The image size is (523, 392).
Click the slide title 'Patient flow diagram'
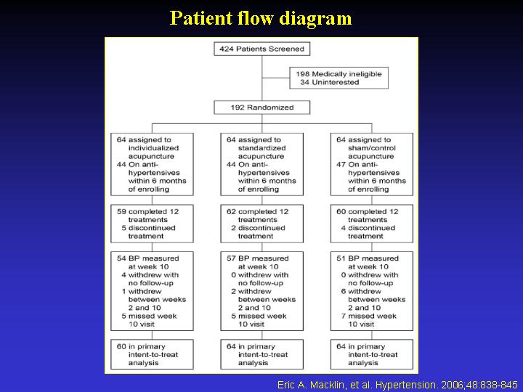point(261,18)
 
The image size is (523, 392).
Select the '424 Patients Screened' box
point(261,49)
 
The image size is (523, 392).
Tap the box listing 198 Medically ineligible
point(338,78)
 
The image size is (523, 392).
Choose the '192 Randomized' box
point(261,107)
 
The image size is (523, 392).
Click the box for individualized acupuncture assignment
point(152,164)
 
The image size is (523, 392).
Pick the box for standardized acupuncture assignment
point(261,164)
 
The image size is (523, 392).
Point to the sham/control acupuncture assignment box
point(371,164)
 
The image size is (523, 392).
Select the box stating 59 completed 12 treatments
point(152,224)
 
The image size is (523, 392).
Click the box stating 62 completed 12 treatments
point(261,224)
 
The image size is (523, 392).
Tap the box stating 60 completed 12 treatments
point(371,224)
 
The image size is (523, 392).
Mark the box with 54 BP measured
point(152,291)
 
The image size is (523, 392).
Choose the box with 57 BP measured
point(261,291)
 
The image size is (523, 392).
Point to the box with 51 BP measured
point(371,291)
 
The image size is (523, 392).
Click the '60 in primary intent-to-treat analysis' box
point(152,355)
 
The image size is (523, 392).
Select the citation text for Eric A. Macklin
point(397,384)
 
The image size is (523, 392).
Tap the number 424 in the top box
point(225,49)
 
